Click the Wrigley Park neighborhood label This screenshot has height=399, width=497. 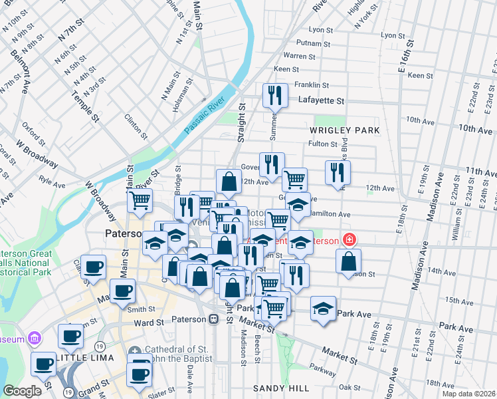345,130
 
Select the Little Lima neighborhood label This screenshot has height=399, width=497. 80,358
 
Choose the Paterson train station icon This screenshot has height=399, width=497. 214,319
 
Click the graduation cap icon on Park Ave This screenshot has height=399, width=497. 323,308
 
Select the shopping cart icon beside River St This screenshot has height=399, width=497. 140,200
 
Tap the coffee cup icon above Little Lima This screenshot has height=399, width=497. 70,336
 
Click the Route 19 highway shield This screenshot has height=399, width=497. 99,346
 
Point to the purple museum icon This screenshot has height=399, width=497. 35,339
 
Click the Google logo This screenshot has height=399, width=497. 23,391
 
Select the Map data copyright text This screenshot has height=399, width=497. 468,393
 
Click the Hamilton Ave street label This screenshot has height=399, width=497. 330,214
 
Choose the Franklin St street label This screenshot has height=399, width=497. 312,85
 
